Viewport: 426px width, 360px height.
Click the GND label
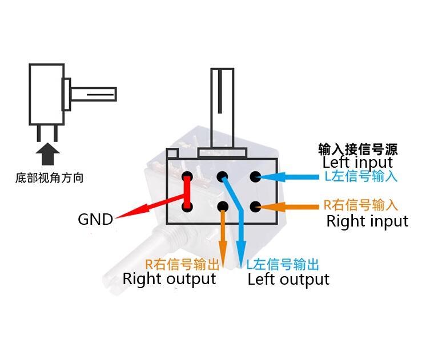[x=95, y=219]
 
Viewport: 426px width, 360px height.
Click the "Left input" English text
[x=357, y=163]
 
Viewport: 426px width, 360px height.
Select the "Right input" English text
[x=367, y=221]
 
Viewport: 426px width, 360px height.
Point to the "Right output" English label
[x=169, y=279]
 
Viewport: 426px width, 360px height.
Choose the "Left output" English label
[x=288, y=280]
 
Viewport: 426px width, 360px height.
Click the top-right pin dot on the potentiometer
[x=255, y=177]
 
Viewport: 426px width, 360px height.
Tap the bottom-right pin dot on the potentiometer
[x=255, y=207]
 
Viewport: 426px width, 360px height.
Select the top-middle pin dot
[x=222, y=177]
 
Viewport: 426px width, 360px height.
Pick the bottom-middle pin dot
[x=223, y=207]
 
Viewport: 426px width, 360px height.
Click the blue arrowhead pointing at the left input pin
[x=272, y=177]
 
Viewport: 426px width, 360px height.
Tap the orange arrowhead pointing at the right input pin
[x=272, y=207]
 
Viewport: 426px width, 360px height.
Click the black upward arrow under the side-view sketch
[x=47, y=154]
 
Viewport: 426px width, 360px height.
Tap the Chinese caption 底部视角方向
[x=49, y=178]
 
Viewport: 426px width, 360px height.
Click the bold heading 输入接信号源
[x=358, y=149]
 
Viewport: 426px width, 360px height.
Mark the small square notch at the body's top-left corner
[x=172, y=153]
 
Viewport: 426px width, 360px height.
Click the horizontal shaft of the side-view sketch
[x=94, y=94]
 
